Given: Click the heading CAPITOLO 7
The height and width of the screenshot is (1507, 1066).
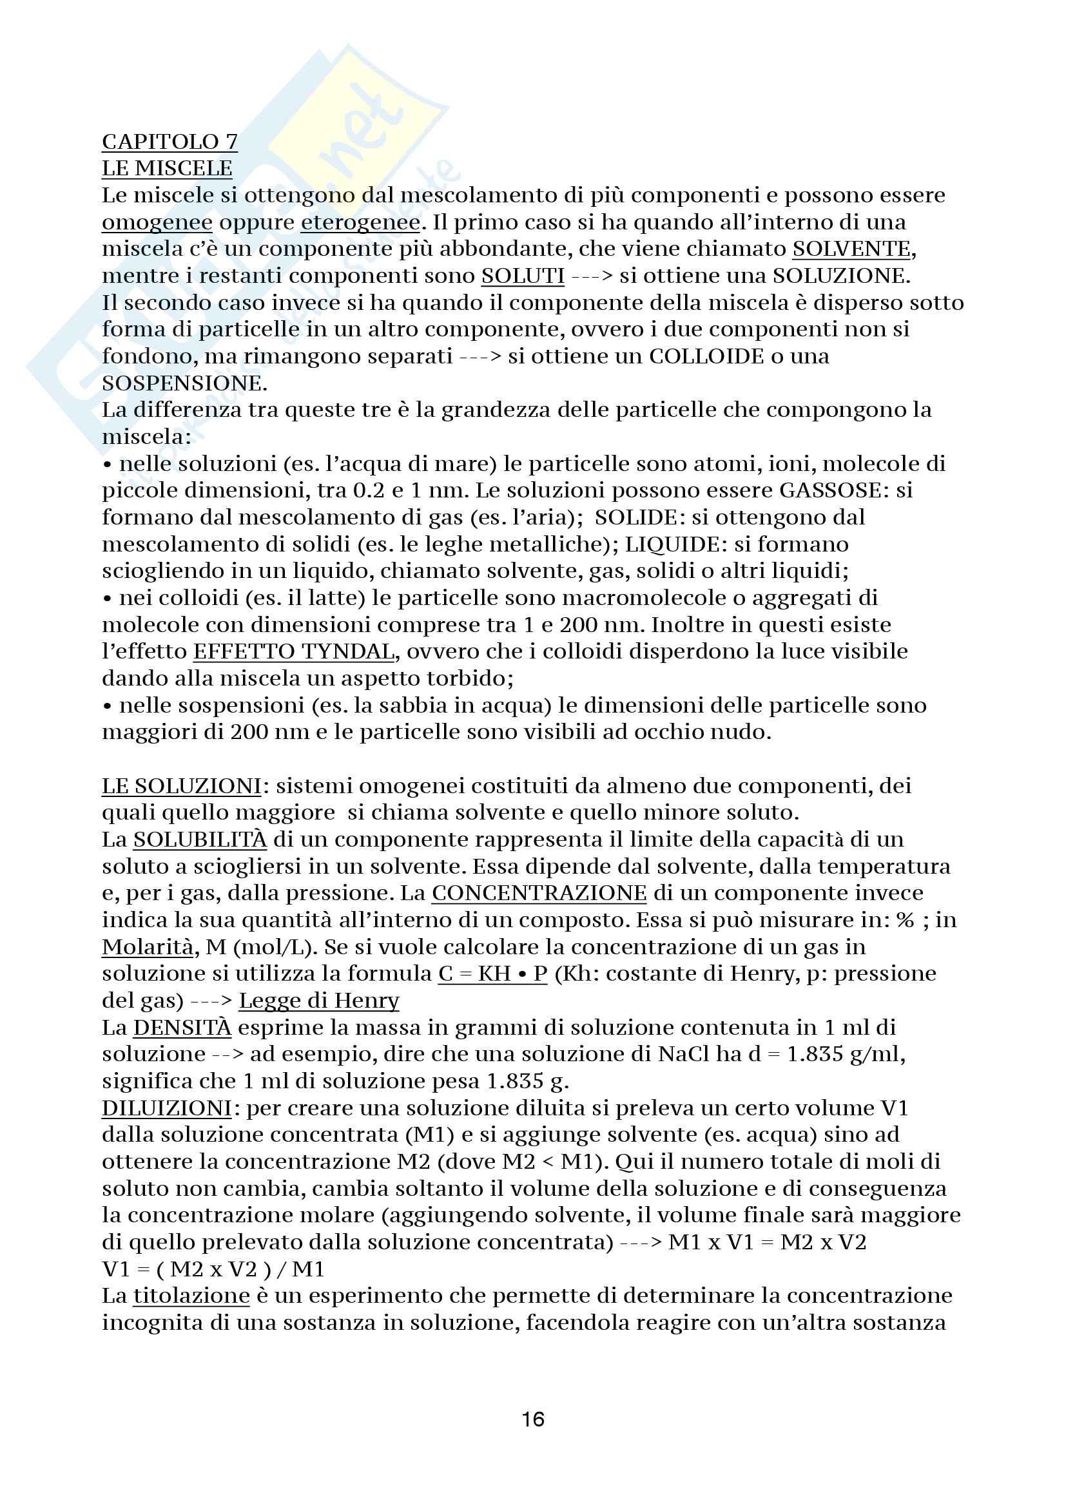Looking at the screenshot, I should (170, 142).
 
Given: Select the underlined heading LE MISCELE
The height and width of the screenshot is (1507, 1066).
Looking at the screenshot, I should (167, 169).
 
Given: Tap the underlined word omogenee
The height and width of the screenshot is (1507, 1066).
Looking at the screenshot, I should (157, 222).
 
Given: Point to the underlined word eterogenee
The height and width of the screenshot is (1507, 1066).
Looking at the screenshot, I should (360, 222).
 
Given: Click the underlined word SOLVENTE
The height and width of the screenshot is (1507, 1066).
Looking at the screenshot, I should (851, 249).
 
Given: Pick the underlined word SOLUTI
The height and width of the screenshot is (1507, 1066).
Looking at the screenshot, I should (523, 276).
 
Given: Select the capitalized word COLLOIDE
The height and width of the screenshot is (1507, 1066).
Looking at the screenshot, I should (707, 356).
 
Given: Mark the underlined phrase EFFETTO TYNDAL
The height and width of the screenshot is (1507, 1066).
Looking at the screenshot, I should (293, 652).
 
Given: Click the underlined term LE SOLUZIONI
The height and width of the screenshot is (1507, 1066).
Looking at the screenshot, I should (181, 786).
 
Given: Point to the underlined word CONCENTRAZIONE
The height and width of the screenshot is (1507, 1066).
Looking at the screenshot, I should (539, 893).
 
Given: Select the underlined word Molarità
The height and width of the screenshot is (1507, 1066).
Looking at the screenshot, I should (148, 947).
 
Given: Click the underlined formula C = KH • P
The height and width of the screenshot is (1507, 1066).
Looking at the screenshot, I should (492, 974).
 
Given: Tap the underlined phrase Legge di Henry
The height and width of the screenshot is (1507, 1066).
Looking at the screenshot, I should (318, 1001).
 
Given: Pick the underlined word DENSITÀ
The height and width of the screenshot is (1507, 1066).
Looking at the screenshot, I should (182, 1028).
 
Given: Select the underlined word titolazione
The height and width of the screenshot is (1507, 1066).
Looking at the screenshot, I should (191, 1296).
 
